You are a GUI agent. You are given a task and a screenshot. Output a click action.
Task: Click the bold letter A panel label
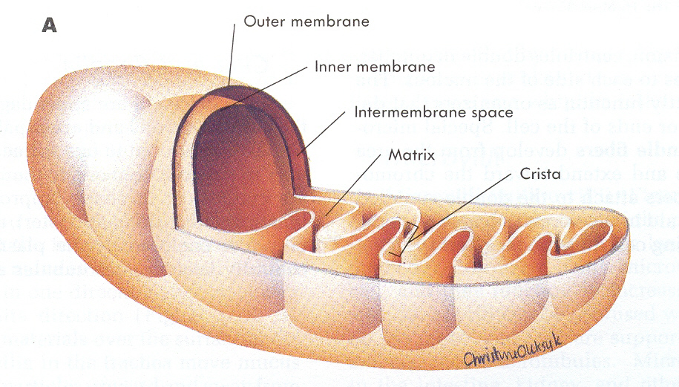tap(50, 25)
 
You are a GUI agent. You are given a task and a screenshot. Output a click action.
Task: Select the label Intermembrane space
tap(434, 113)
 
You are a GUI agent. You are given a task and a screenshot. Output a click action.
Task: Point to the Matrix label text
tap(410, 157)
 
